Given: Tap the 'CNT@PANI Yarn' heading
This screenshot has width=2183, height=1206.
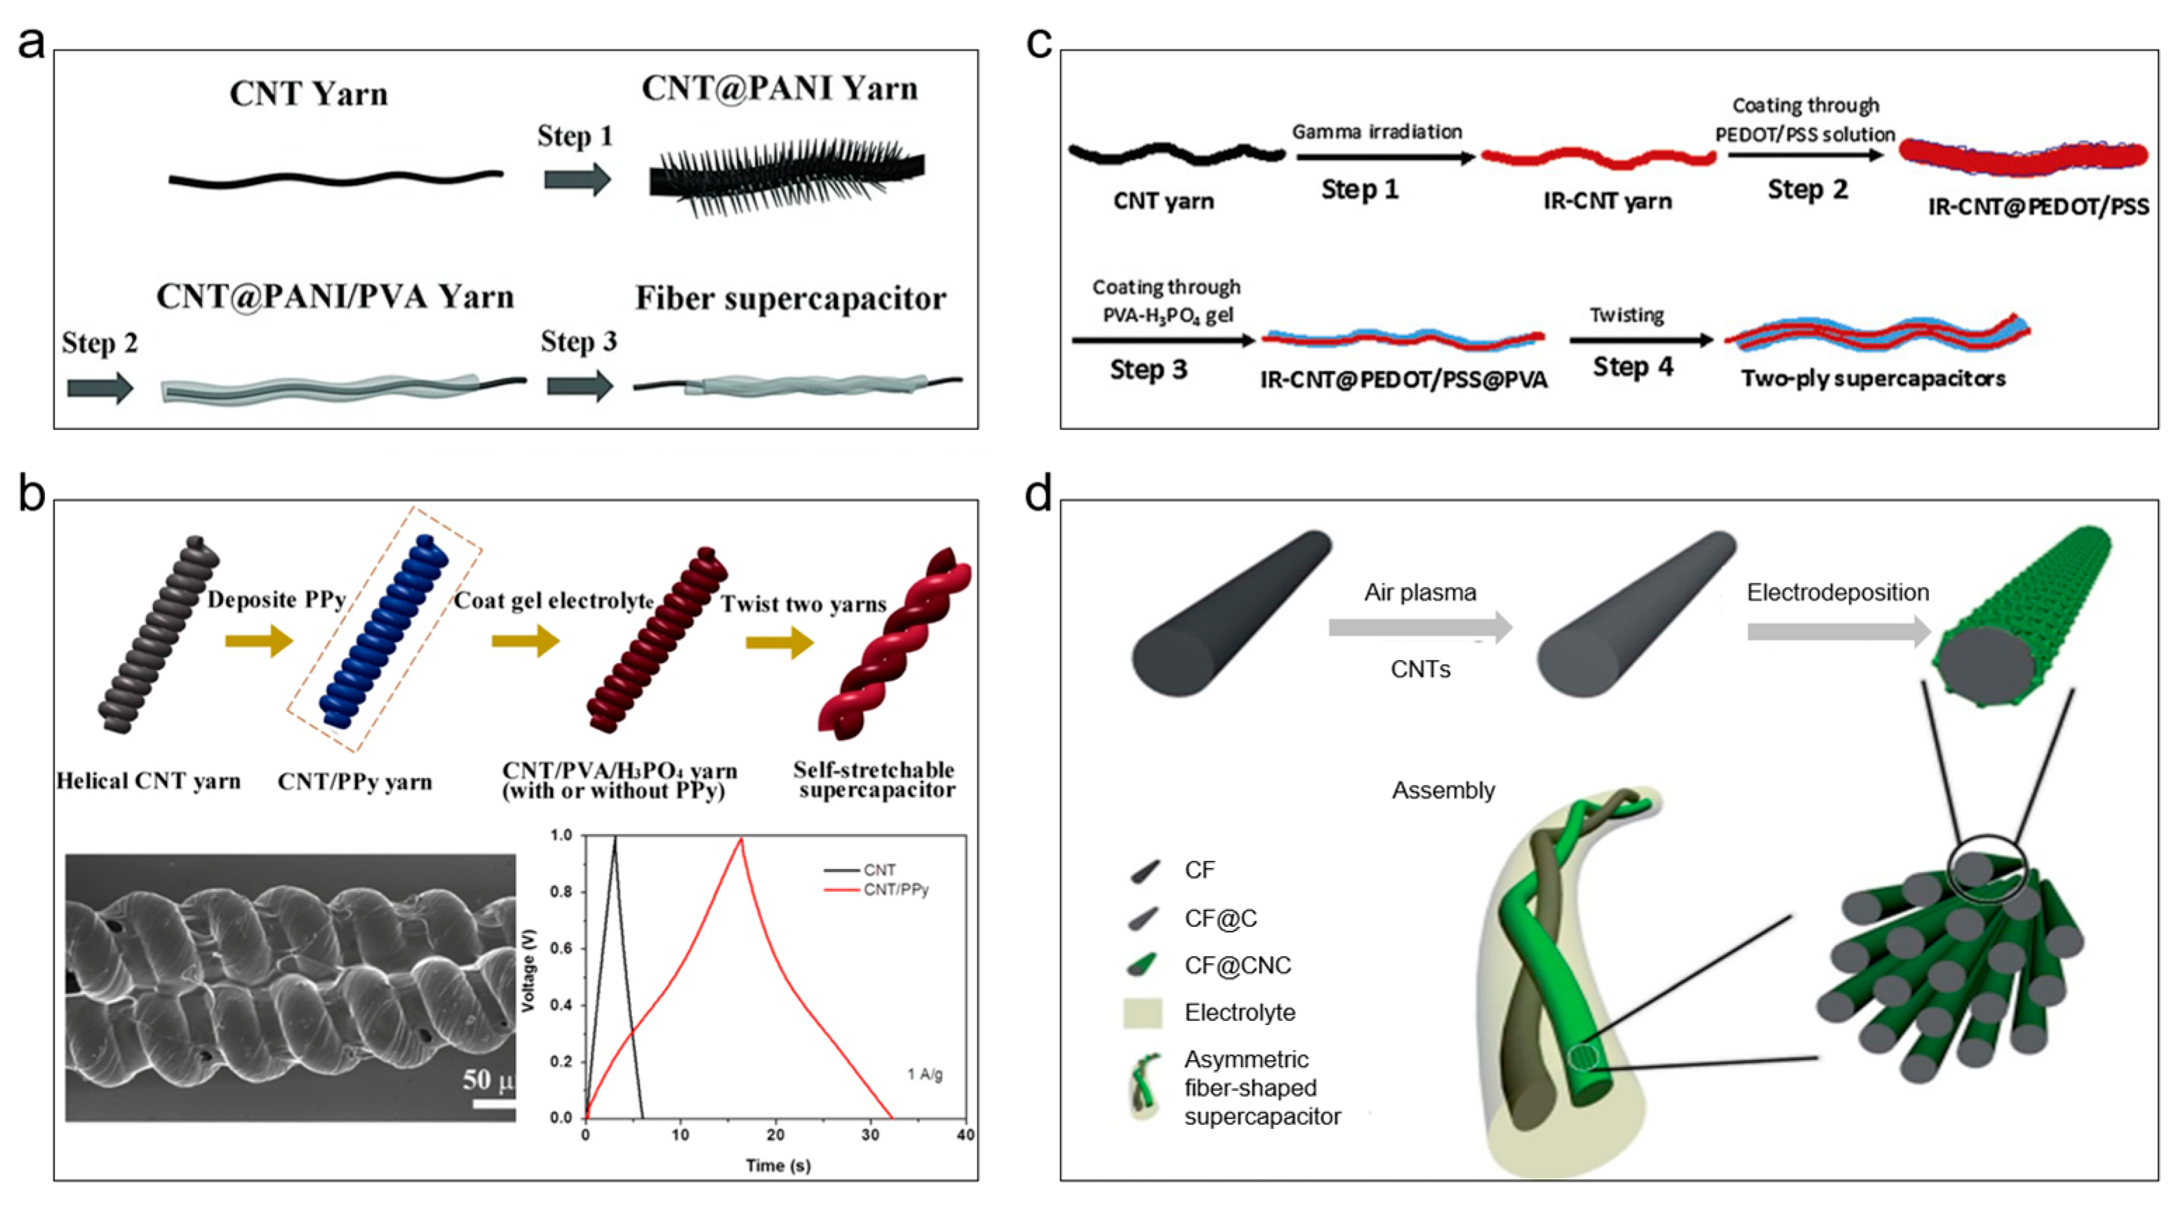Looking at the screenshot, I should (779, 89).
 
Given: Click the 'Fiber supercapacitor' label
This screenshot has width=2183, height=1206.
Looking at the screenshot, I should (790, 298).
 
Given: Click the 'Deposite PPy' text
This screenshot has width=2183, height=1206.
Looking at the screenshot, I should (276, 600).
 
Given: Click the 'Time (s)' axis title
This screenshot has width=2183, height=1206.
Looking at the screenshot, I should (778, 1166).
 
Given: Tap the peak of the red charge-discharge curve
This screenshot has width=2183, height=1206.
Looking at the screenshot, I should (742, 839).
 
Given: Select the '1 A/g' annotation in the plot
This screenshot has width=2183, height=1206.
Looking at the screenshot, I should (925, 1075).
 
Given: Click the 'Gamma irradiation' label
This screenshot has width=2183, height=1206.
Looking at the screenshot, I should (1377, 132).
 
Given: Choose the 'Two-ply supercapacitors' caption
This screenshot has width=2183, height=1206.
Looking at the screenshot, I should (1873, 378).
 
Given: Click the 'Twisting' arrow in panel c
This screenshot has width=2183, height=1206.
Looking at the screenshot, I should (1640, 340).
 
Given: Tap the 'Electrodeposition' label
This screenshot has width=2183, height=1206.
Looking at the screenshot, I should (1837, 592).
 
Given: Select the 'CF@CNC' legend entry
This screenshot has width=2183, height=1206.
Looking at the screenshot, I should (1237, 965).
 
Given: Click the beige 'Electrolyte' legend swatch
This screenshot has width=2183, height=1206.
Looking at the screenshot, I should (1142, 1013).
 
